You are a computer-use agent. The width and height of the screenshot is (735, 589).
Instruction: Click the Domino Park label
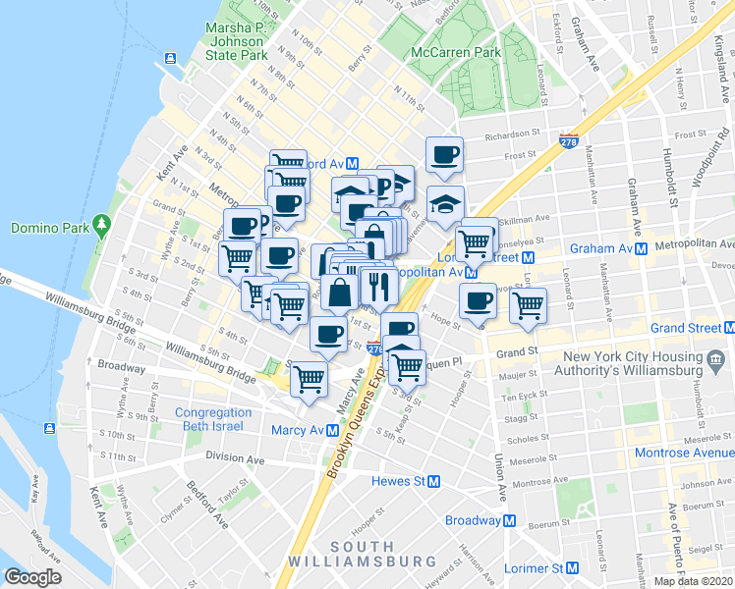pyautogui.click(x=49, y=228)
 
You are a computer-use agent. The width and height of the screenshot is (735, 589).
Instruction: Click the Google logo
pyautogui.click(x=32, y=577)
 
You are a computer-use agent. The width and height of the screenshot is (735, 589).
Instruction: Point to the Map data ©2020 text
pyautogui.click(x=693, y=581)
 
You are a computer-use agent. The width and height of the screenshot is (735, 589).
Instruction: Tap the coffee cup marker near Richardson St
pyautogui.click(x=444, y=153)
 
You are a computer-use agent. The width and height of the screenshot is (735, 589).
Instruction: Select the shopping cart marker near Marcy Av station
pyautogui.click(x=310, y=378)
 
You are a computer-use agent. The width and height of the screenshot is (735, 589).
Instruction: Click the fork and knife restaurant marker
pyautogui.click(x=378, y=286)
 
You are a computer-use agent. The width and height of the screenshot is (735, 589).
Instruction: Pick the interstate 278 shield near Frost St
pyautogui.click(x=568, y=141)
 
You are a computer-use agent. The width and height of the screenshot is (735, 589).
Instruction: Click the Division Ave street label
pyautogui.click(x=235, y=458)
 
